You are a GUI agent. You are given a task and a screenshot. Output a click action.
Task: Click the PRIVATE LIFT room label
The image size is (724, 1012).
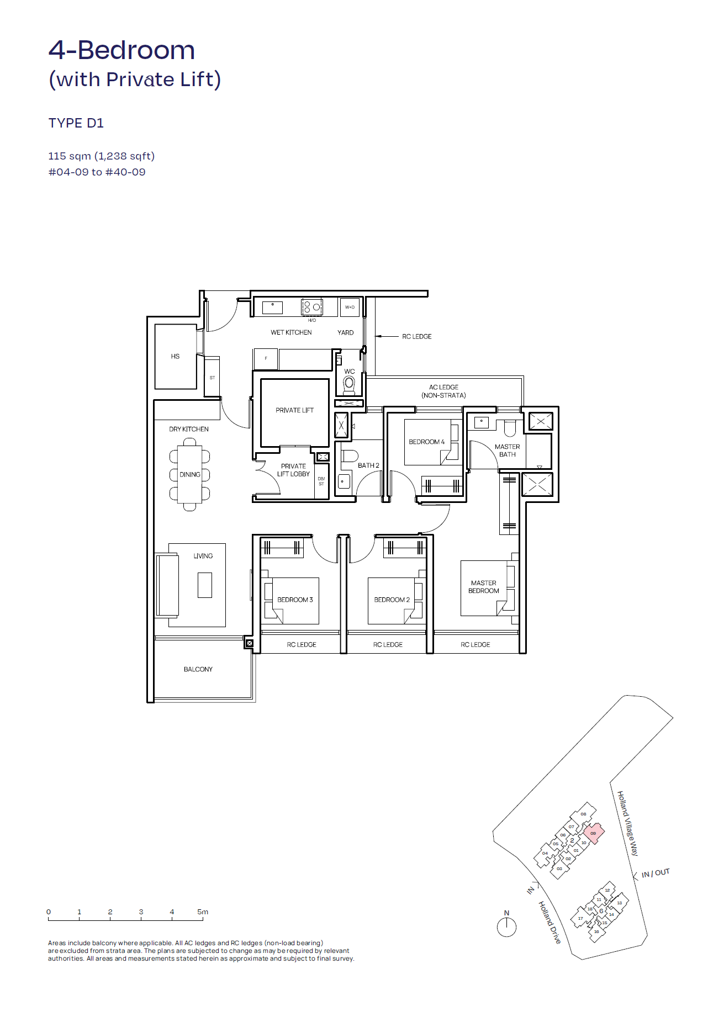coord(294,410)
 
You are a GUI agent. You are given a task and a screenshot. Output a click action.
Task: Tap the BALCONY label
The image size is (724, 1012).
coord(198,669)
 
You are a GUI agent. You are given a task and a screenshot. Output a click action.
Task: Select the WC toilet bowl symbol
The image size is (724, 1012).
coord(349,383)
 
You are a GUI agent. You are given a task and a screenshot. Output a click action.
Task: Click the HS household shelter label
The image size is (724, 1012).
coord(175,356)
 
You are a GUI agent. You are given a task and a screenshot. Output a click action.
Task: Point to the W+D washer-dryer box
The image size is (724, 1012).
coord(350,307)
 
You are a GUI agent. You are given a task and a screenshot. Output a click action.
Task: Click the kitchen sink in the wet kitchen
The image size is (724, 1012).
coord(272,308)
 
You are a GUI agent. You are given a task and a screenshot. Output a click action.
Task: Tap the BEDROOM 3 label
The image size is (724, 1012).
coord(295,600)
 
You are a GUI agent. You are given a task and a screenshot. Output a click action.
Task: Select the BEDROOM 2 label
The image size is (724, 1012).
coord(392,600)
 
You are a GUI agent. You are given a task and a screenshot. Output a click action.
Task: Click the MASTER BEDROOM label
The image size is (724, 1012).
coord(483,587)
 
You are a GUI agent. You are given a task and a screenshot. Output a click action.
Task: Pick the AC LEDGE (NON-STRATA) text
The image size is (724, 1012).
coord(443,391)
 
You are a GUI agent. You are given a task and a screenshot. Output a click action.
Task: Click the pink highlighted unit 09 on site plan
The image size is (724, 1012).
coord(594,833)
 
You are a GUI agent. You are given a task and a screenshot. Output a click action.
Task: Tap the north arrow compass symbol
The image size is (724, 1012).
coord(506,926)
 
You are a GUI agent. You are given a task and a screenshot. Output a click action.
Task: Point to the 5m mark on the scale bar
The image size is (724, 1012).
coord(203,912)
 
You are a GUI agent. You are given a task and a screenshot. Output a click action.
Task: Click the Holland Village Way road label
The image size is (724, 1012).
coord(627,823)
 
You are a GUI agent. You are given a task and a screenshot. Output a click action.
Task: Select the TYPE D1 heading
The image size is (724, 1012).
coord(76,123)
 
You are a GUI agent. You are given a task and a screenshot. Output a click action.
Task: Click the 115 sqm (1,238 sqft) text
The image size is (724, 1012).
coord(101,156)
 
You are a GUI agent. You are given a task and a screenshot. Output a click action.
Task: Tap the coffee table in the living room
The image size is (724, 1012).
coord(204,585)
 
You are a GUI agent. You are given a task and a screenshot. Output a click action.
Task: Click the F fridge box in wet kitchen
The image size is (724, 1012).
coord(266,359)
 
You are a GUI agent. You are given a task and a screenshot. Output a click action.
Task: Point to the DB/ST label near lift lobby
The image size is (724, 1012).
coord(321,481)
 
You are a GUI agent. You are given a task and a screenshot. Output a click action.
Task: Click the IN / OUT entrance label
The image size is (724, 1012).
coord(655,873)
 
